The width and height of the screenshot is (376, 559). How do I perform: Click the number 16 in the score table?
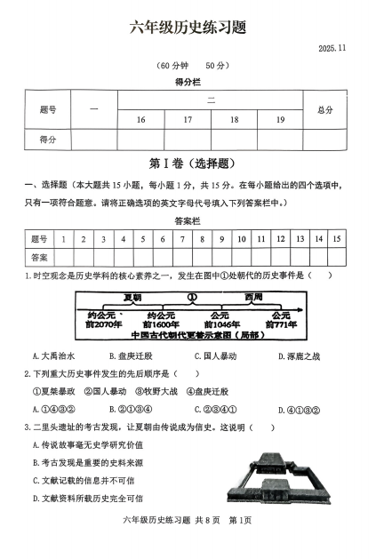[x=140, y=119]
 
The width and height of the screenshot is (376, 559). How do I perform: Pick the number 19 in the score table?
[x=280, y=119]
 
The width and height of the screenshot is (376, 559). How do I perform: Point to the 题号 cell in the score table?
[x=48, y=109]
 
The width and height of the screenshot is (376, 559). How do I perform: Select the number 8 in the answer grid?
[x=203, y=238]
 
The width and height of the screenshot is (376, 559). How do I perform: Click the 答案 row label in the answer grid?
[x=39, y=256]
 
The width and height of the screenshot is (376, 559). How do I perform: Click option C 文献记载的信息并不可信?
[x=85, y=480]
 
